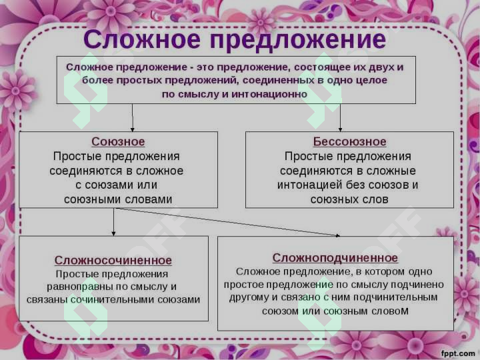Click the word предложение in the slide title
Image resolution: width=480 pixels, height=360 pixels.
click(x=297, y=39)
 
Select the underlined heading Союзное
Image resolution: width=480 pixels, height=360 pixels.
click(x=117, y=142)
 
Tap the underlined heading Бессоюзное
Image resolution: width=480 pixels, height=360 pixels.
click(x=349, y=142)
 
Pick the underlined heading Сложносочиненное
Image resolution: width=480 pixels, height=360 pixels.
click(x=113, y=260)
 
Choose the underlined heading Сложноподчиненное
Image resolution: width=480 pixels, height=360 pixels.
click(x=335, y=257)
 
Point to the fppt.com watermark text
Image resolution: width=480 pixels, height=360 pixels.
click(x=457, y=352)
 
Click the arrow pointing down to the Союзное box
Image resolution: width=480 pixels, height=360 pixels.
click(x=133, y=119)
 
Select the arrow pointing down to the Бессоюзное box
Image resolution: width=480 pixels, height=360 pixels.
click(x=340, y=119)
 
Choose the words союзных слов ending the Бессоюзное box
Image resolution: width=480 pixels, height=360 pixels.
click(x=349, y=199)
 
